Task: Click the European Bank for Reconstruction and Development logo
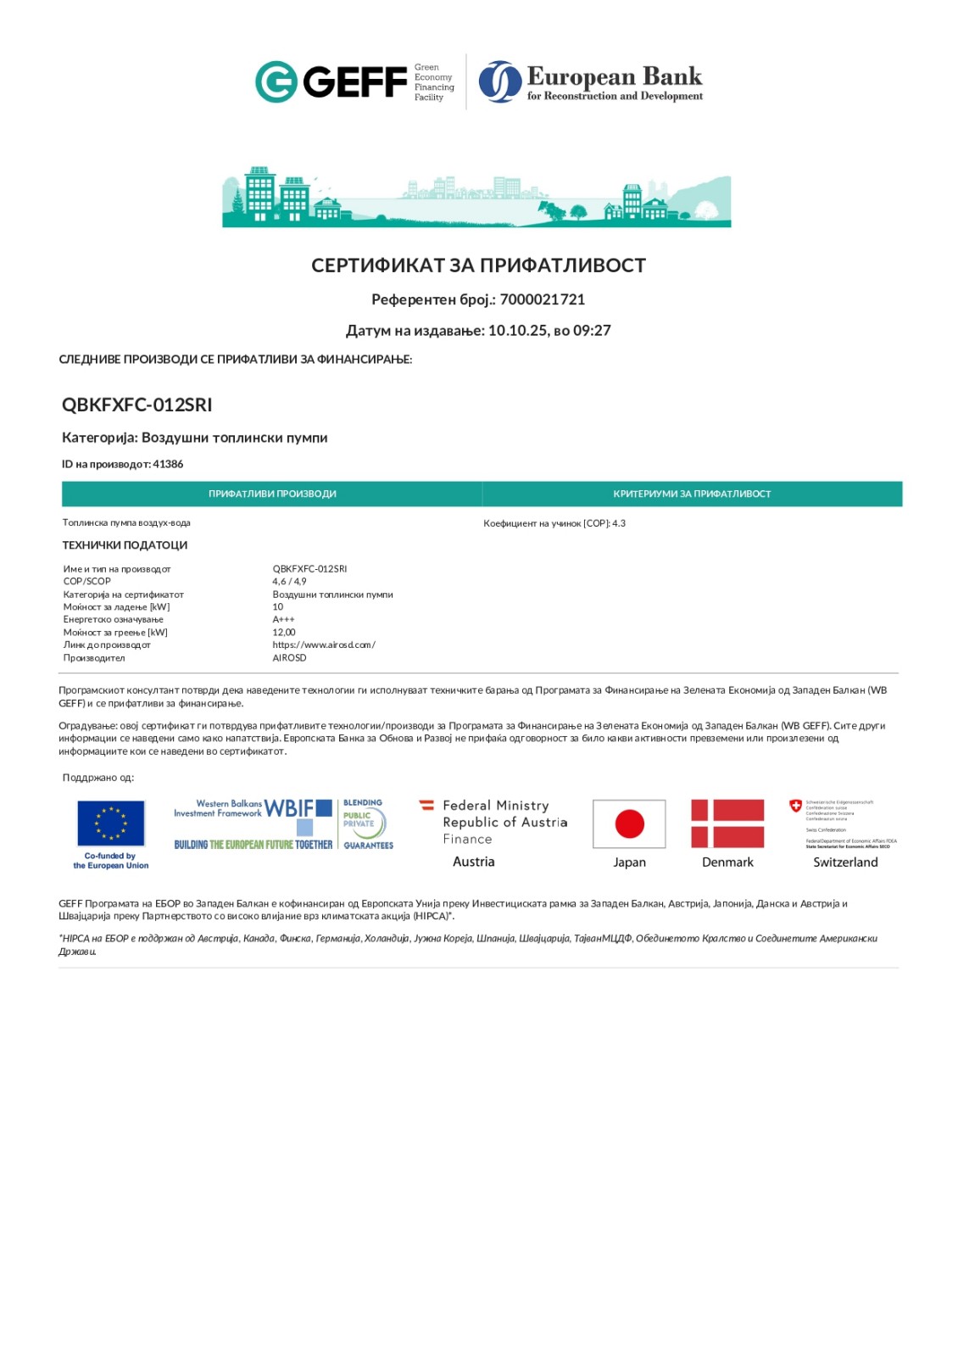(x=591, y=82)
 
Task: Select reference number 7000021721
(x=543, y=299)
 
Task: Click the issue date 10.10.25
(x=517, y=331)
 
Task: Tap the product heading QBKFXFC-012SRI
(x=136, y=405)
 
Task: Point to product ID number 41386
(x=168, y=464)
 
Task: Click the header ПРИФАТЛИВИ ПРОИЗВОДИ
(x=272, y=494)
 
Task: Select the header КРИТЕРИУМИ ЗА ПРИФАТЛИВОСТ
(x=692, y=494)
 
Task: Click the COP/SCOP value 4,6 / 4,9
(x=289, y=582)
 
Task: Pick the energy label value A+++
(x=283, y=620)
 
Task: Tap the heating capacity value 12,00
(x=284, y=633)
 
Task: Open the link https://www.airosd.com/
(x=324, y=645)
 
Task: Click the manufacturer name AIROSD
(x=289, y=658)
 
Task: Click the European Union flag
(x=111, y=824)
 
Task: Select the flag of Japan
(x=629, y=824)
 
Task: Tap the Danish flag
(x=727, y=824)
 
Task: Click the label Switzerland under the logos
(x=845, y=863)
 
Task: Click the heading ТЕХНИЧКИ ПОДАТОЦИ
(x=125, y=545)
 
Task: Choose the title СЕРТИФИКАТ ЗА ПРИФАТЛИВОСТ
(x=478, y=265)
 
